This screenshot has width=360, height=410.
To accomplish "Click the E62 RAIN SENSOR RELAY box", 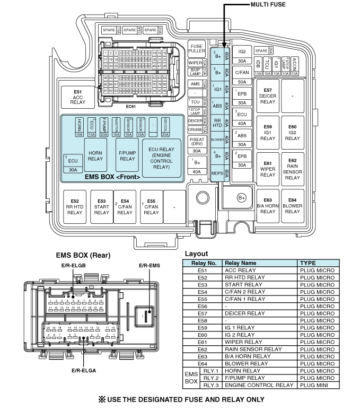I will coord(292,168).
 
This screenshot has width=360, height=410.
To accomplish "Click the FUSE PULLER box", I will coord(197,49).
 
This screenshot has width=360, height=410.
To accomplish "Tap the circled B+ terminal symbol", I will coord(242,198).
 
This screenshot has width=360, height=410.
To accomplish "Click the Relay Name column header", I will coord(240,263).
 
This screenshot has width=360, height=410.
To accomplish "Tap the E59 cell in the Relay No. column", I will coord(202,328).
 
